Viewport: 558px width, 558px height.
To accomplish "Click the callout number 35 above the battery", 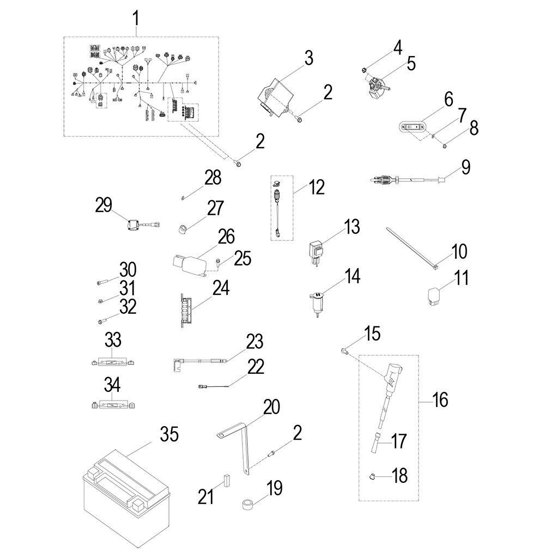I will (x=168, y=435).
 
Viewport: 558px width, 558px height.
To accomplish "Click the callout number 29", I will (x=104, y=206).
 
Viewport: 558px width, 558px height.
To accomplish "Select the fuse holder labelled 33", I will (x=113, y=362).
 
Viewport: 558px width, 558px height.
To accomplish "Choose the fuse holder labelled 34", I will (x=113, y=405).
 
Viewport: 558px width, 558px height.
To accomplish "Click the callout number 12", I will (x=316, y=188).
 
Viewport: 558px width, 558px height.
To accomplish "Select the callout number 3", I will (x=308, y=58).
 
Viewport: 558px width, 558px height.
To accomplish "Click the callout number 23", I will (x=254, y=342).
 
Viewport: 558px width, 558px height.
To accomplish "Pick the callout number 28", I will (x=213, y=177).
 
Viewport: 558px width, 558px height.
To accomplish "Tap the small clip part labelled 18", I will (x=372, y=476).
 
